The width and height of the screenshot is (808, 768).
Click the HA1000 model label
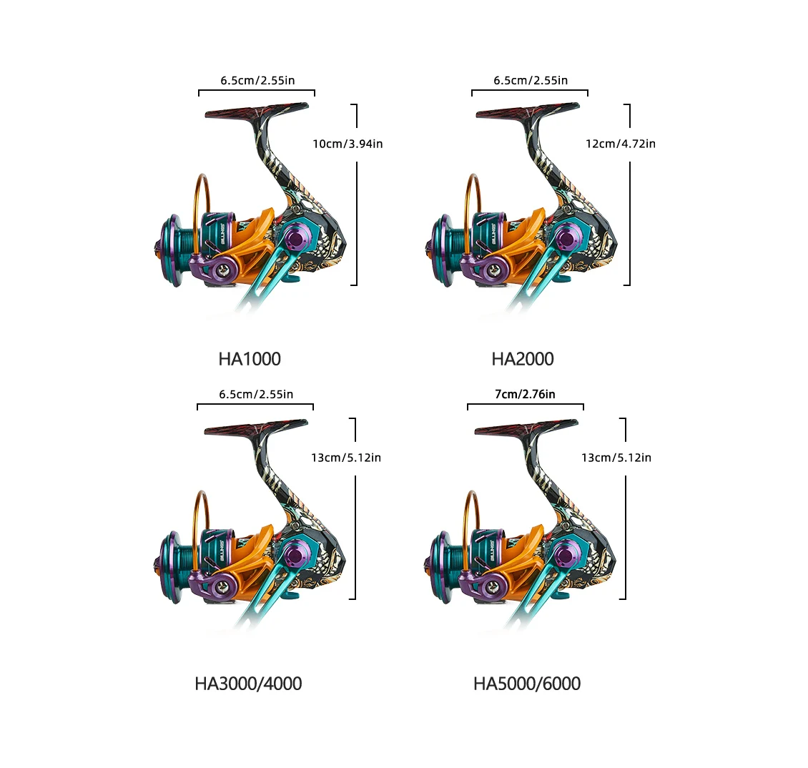pos(250,359)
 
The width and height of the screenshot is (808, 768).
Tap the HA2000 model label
pos(523,359)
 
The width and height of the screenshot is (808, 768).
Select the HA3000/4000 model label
pos(248,684)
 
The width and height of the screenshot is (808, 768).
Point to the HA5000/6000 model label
pos(527,684)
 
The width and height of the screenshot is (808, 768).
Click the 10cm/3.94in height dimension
pos(348,144)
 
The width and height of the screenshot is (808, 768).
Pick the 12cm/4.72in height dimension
pos(621,144)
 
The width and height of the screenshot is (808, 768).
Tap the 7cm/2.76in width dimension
pos(525,394)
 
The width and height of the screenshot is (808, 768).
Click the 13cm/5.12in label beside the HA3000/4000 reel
pos(346,458)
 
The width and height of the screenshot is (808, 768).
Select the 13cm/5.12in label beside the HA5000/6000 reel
pos(616,458)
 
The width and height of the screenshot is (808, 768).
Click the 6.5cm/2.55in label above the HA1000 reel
pos(257,80)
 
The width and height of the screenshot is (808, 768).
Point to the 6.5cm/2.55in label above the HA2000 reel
pos(531,80)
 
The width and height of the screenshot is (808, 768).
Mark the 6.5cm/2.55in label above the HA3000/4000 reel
pos(256,394)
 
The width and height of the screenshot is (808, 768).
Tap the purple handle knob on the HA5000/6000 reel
pos(567,551)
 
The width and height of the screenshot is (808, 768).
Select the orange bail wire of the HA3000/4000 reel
pos(197,521)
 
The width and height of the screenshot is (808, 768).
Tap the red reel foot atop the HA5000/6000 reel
pos(526,428)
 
